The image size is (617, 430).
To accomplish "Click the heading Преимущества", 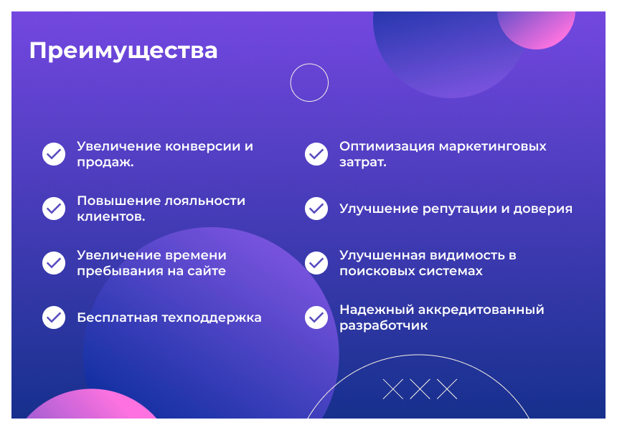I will pyautogui.click(x=123, y=51).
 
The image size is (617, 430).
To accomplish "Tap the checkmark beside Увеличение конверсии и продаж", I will pyautogui.click(x=54, y=154).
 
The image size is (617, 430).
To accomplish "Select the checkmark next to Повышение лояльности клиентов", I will pyautogui.click(x=54, y=209).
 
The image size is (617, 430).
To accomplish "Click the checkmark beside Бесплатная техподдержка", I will pyautogui.click(x=54, y=317).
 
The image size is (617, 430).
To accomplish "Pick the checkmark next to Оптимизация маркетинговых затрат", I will pyautogui.click(x=316, y=154).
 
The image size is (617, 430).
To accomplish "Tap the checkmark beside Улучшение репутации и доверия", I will pyautogui.click(x=316, y=209).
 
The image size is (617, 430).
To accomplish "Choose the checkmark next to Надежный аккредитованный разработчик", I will pyautogui.click(x=316, y=317).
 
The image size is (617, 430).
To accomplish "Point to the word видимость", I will pyautogui.click(x=466, y=255).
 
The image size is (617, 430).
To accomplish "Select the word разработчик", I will pyautogui.click(x=383, y=326).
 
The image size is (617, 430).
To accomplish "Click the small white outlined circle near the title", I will pyautogui.click(x=309, y=83).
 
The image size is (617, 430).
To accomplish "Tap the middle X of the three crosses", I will pyautogui.click(x=420, y=389).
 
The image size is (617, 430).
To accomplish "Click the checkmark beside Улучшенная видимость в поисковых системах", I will pyautogui.click(x=316, y=263).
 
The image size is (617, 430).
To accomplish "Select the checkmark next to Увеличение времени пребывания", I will pyautogui.click(x=54, y=263).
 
